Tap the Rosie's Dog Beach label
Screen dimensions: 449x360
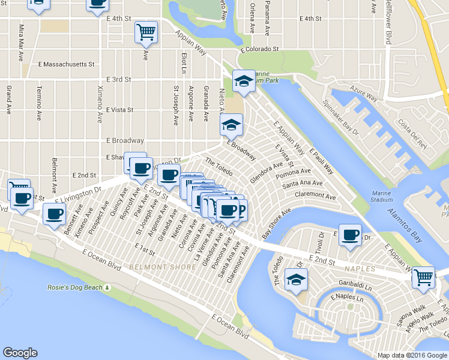(75, 287)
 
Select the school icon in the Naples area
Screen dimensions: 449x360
(295, 280)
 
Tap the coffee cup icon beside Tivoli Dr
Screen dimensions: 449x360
(350, 235)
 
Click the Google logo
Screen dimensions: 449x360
(20, 353)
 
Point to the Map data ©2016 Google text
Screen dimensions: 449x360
(412, 355)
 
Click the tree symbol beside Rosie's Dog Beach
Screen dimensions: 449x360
(107, 287)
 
